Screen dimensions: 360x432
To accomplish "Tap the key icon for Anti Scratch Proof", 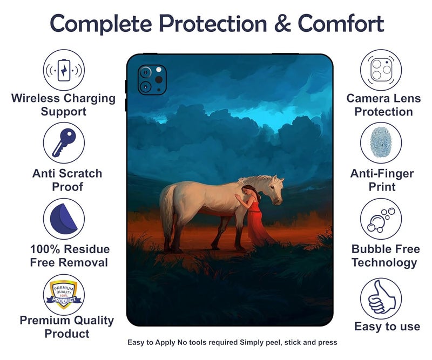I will click(x=64, y=143).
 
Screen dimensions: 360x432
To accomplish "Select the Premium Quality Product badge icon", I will click(x=64, y=294).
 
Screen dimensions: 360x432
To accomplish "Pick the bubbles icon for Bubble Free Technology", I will click(x=381, y=219).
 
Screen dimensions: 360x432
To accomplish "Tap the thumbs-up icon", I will click(x=381, y=298).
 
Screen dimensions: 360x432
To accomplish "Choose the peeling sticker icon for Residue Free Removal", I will click(x=64, y=219).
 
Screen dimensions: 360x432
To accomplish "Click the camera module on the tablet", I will click(x=151, y=79).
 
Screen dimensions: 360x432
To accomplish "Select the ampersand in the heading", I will click(x=282, y=24).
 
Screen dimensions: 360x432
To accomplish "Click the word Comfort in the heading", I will click(x=341, y=24).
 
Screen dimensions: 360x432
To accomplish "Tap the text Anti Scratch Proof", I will click(x=67, y=180).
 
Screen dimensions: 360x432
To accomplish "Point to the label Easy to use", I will click(x=387, y=327).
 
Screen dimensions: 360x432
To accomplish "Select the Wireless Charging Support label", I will click(x=64, y=105).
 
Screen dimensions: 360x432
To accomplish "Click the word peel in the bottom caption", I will click(x=278, y=342).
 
